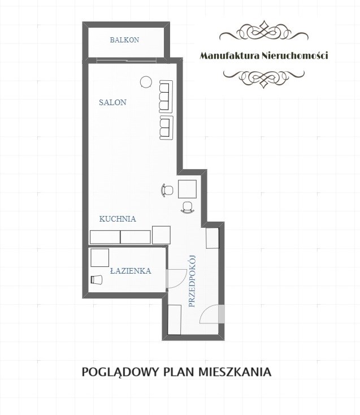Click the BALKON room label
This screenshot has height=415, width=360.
(x=124, y=40)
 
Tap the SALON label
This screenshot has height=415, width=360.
(x=112, y=102)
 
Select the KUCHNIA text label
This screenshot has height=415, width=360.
(x=118, y=219)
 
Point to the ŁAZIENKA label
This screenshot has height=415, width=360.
(x=131, y=270)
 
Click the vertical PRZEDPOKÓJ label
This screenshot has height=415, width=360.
(x=192, y=281)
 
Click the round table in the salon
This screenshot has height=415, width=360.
(x=146, y=82)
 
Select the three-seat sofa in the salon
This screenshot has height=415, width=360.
(x=166, y=97)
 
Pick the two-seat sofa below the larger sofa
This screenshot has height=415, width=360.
(x=166, y=128)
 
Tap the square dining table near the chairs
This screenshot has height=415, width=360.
(x=187, y=189)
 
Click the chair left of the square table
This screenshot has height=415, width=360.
(x=167, y=190)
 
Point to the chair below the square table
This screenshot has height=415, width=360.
(x=188, y=207)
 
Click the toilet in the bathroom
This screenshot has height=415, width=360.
(x=96, y=279)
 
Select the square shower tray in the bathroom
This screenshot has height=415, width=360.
(x=99, y=257)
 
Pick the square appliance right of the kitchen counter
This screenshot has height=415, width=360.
(x=162, y=235)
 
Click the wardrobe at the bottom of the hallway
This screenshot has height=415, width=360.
(x=175, y=319)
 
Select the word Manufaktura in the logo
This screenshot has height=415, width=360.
(x=229, y=55)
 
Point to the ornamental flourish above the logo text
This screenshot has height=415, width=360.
(x=264, y=32)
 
